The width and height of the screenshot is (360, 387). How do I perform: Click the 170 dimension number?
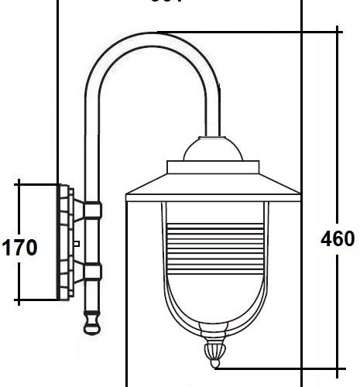(20, 248)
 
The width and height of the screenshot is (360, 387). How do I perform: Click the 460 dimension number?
(338, 238)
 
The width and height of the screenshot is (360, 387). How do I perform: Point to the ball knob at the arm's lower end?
(91, 320)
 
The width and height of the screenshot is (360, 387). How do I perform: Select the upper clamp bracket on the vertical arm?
(91, 209)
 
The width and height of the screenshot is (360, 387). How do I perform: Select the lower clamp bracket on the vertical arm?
(91, 272)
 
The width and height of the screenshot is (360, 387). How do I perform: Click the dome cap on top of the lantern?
(213, 146)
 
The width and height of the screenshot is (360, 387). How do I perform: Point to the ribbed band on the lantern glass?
(213, 237)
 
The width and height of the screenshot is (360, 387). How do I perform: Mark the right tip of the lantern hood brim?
(297, 199)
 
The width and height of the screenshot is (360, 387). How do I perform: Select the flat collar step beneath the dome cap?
(213, 164)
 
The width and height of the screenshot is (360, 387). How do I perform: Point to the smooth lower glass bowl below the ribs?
(213, 298)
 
